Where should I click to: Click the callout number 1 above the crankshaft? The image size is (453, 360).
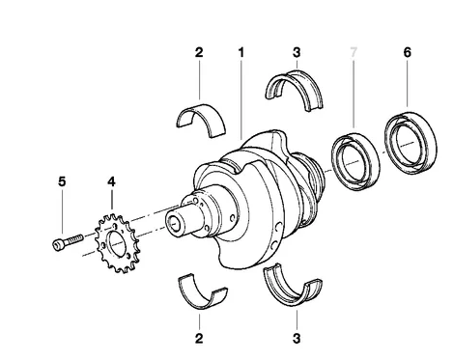[241, 52]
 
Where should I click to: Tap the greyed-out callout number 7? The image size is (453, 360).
[354, 52]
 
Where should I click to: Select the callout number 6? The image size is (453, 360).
[408, 52]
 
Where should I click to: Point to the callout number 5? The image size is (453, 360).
[62, 181]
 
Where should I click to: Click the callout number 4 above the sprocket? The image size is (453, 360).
[111, 181]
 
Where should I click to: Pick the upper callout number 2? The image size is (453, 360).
[199, 52]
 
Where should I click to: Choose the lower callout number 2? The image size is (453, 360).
[199, 339]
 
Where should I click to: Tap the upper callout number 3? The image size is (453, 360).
[297, 52]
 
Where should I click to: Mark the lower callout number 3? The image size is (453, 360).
[297, 339]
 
